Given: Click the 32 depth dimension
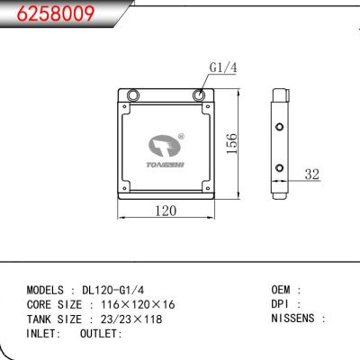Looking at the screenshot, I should tap(311, 175).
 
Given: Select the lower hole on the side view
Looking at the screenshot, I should tap(279, 169).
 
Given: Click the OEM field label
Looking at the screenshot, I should tap(282, 290).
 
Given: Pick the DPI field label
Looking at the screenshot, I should tap(282, 305).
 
